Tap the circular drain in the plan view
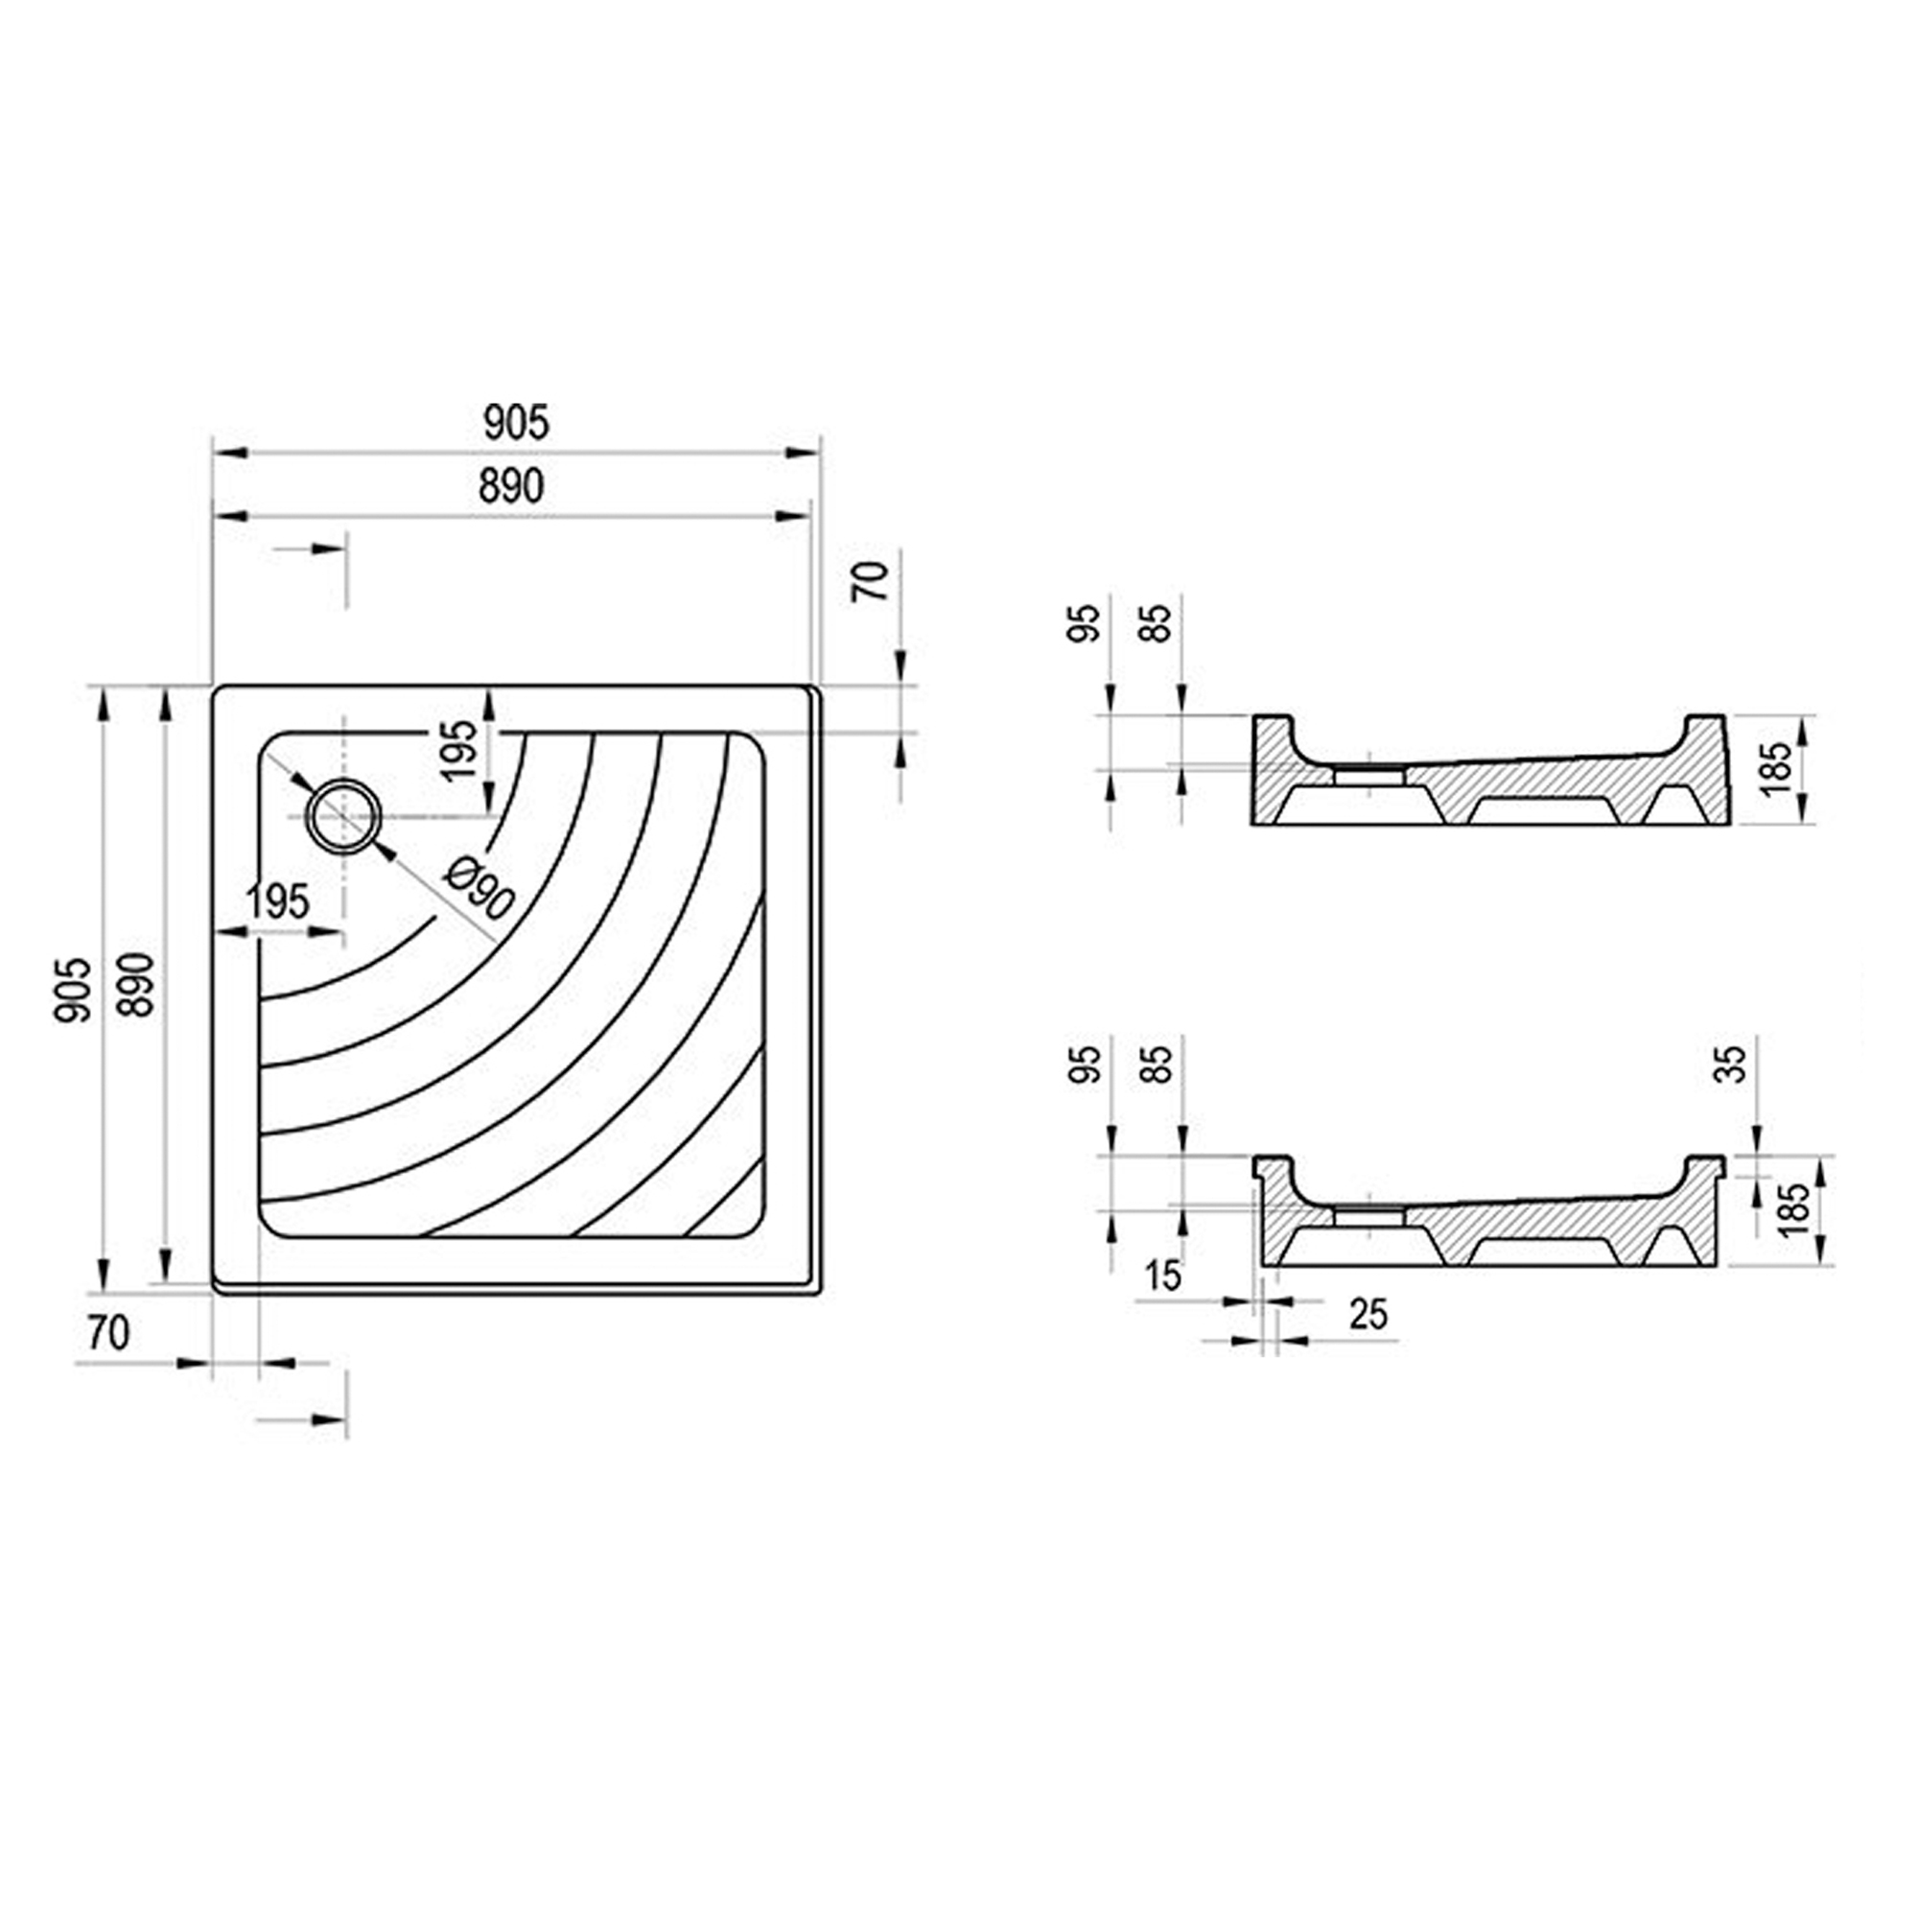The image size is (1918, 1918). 343,816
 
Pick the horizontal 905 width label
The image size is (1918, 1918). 515,423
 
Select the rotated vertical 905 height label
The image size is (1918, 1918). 75,990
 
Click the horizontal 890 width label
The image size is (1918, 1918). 512,486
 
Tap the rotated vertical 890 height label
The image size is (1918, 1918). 135,985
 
